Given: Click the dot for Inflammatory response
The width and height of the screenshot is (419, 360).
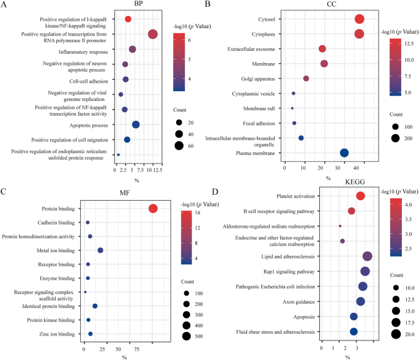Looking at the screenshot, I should pos(132,49).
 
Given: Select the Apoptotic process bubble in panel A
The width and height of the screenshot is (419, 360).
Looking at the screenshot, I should pos(136,124).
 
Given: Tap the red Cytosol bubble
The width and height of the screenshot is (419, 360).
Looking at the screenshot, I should pos(359,20).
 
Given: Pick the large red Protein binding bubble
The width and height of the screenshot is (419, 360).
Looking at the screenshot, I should pos(153,209).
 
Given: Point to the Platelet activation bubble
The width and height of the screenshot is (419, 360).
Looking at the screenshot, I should pos(360,196).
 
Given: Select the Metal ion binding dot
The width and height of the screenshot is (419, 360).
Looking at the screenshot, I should pos(100,250).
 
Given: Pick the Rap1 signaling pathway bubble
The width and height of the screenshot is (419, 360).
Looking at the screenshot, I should pos(365,271).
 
